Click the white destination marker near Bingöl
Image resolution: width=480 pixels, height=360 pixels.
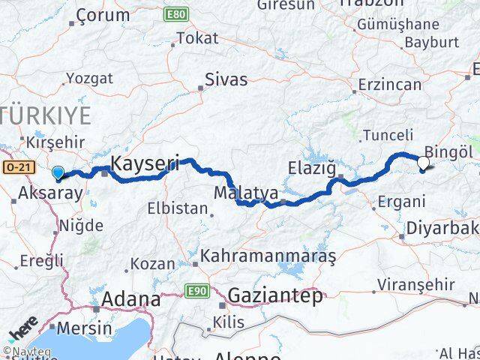click(x=424, y=161)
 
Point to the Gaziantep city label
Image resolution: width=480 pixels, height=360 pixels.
click(x=275, y=295)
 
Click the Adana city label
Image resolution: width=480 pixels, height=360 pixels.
click(x=132, y=300)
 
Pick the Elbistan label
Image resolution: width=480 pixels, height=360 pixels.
click(x=178, y=208)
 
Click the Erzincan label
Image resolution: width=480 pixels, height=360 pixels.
click(x=390, y=85)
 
